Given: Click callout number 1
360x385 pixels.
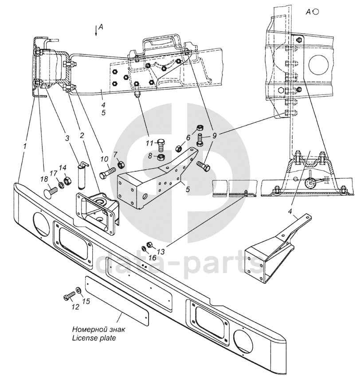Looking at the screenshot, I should [x=25, y=145].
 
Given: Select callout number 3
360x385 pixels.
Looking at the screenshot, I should [x=67, y=138].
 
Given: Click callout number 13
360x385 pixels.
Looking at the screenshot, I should [x=160, y=251].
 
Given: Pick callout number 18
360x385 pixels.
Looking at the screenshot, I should [x=188, y=138].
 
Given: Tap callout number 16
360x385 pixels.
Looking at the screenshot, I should [x=152, y=258].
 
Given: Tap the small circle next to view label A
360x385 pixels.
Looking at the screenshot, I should [x=316, y=12].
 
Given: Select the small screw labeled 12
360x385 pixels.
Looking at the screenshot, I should [x=70, y=295].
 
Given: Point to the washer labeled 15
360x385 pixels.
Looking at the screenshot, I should [x=78, y=291].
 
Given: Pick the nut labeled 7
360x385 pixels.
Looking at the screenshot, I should [x=121, y=166].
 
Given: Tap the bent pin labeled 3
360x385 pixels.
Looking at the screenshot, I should [x=81, y=174].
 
